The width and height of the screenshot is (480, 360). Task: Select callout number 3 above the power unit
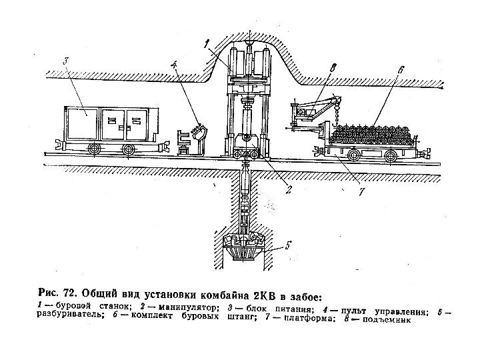[x=65, y=61]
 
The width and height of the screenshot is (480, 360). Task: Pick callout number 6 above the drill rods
[x=399, y=69]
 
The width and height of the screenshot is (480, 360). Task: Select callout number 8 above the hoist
[x=334, y=68]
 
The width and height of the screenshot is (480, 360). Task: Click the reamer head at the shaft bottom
[x=246, y=250]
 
